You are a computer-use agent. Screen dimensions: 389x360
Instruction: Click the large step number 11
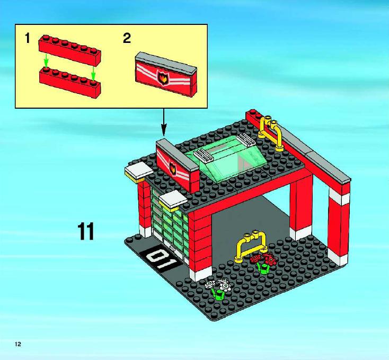pos(86,231)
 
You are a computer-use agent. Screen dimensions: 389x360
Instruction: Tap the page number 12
pos(18,344)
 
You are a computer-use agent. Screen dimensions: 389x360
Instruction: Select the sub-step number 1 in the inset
pos(28,39)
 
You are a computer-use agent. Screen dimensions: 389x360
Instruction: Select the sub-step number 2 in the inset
pos(127,39)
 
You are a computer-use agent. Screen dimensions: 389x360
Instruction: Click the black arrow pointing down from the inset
pos(163,122)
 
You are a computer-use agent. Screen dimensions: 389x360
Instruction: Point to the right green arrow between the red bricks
pos(93,73)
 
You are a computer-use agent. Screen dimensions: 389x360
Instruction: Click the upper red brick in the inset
pos(70,50)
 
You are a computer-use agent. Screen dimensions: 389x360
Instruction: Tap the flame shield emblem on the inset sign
pos(162,77)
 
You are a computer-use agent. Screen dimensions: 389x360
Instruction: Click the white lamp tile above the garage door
pos(173,200)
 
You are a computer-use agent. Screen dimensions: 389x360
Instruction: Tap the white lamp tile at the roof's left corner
pos(139,171)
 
